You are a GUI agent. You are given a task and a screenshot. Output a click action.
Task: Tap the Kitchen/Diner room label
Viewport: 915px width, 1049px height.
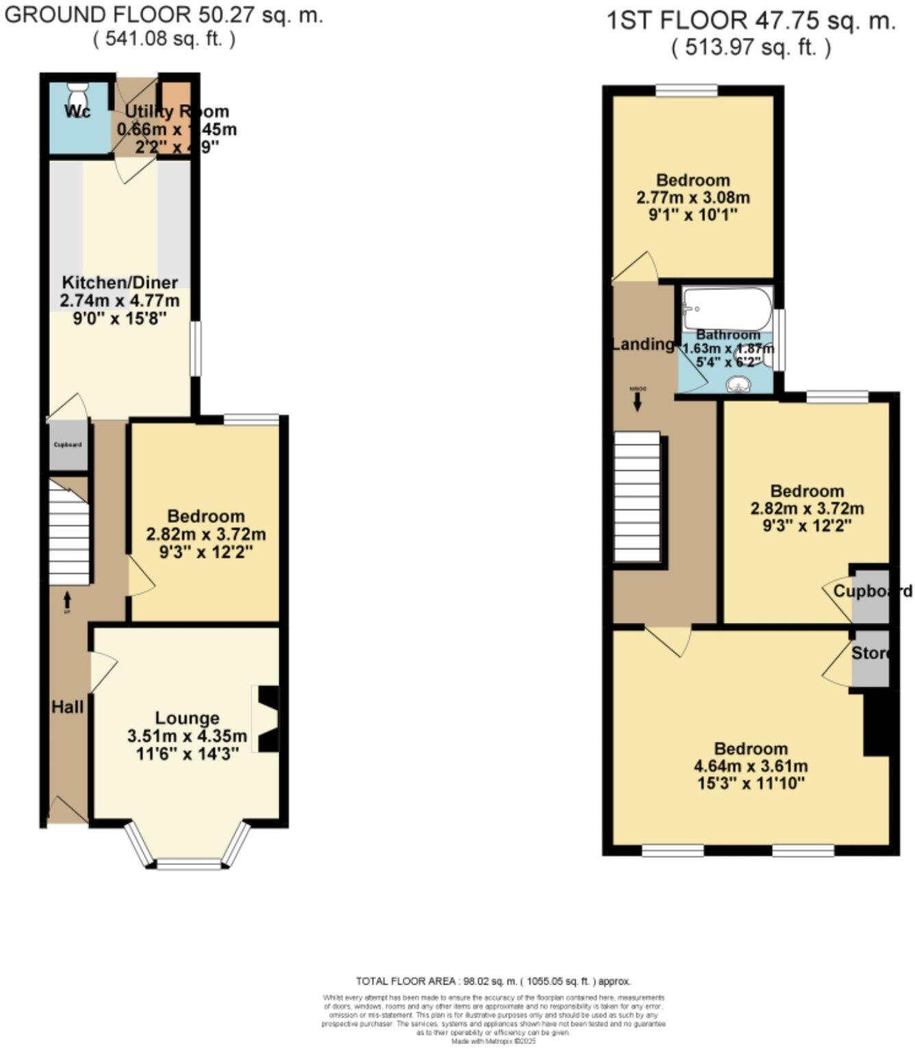pos(120,282)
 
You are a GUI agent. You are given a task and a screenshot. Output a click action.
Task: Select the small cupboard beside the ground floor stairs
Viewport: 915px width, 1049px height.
pos(68,445)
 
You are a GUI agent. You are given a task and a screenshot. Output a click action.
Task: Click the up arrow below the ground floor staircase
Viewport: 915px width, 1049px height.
pos(67,601)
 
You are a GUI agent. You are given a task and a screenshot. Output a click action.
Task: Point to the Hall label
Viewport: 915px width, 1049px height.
pos(67,706)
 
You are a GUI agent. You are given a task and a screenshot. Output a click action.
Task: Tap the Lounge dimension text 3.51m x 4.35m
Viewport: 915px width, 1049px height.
pos(187,737)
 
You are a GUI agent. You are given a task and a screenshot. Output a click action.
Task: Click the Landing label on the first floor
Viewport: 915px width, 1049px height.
pos(642,344)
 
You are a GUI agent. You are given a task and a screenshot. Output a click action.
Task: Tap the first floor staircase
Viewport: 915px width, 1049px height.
pos(637,497)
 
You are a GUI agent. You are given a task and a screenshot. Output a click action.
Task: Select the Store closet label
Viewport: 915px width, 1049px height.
pos(870,653)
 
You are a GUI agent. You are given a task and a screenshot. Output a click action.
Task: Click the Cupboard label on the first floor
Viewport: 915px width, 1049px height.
pos(872,591)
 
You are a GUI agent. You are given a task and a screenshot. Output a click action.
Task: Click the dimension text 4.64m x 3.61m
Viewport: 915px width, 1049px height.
pos(751,766)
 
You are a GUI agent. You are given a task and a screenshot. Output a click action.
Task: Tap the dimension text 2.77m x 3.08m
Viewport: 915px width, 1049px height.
pos(693,198)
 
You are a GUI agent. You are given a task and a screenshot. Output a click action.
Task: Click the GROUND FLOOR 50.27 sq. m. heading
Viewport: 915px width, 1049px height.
pos(164,16)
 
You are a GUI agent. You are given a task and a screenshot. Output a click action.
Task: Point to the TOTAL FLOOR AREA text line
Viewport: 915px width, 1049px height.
pos(493,981)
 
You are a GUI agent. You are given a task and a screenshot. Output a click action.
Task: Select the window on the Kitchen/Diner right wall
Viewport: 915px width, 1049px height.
pos(196,349)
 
